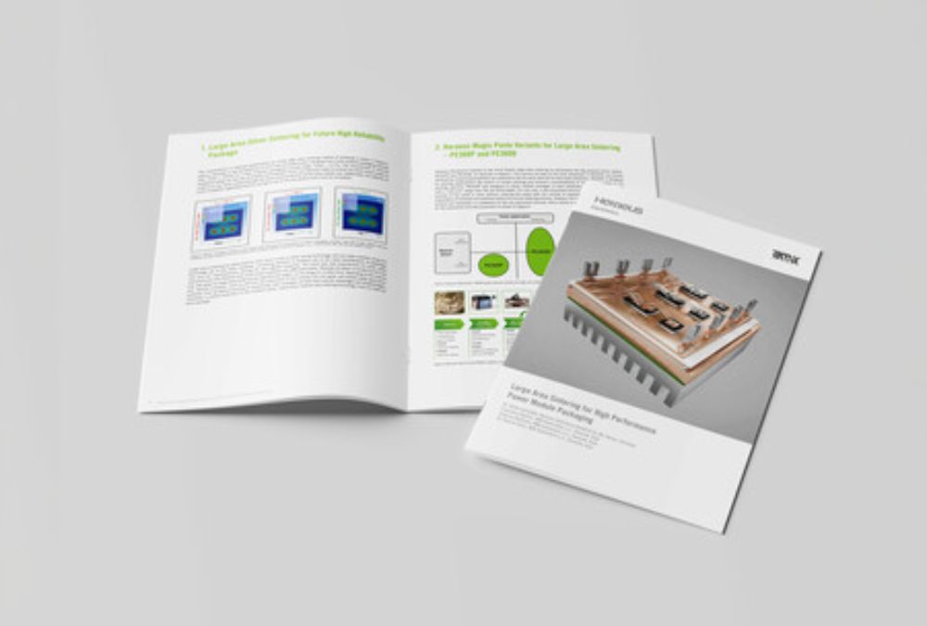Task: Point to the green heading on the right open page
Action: (x=528, y=150)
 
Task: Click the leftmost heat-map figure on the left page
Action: (x=222, y=220)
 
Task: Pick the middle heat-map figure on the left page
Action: (x=292, y=215)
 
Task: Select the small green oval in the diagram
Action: (x=495, y=265)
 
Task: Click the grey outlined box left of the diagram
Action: (x=451, y=252)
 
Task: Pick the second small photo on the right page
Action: (x=483, y=302)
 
